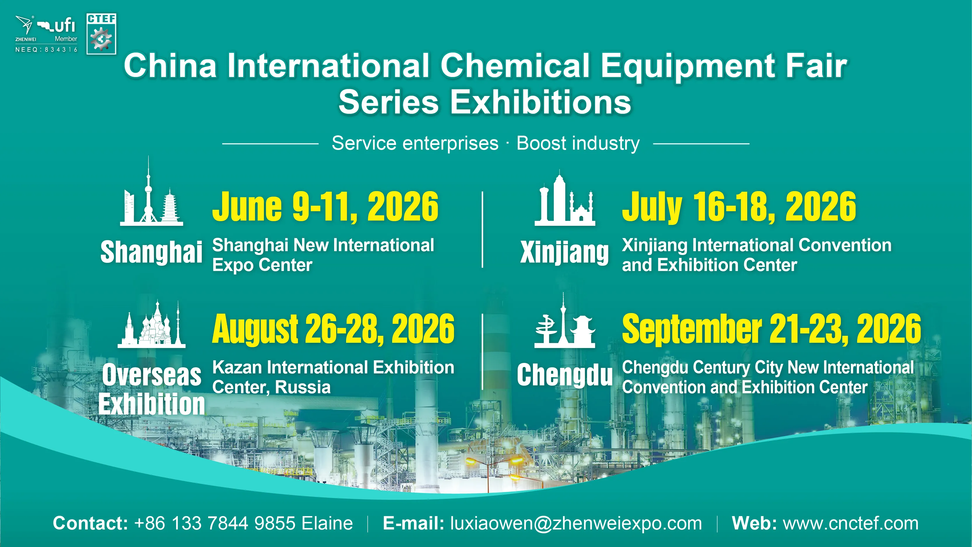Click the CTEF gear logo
tap(101, 34)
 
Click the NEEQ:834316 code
tap(46, 50)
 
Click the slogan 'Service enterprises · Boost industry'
tap(486, 144)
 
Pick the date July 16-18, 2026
tap(739, 207)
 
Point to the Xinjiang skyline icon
tap(565, 198)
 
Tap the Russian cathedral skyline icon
tap(151, 324)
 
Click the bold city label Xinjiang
tap(564, 252)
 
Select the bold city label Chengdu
tap(564, 375)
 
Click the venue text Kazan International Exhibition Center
tap(333, 377)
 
